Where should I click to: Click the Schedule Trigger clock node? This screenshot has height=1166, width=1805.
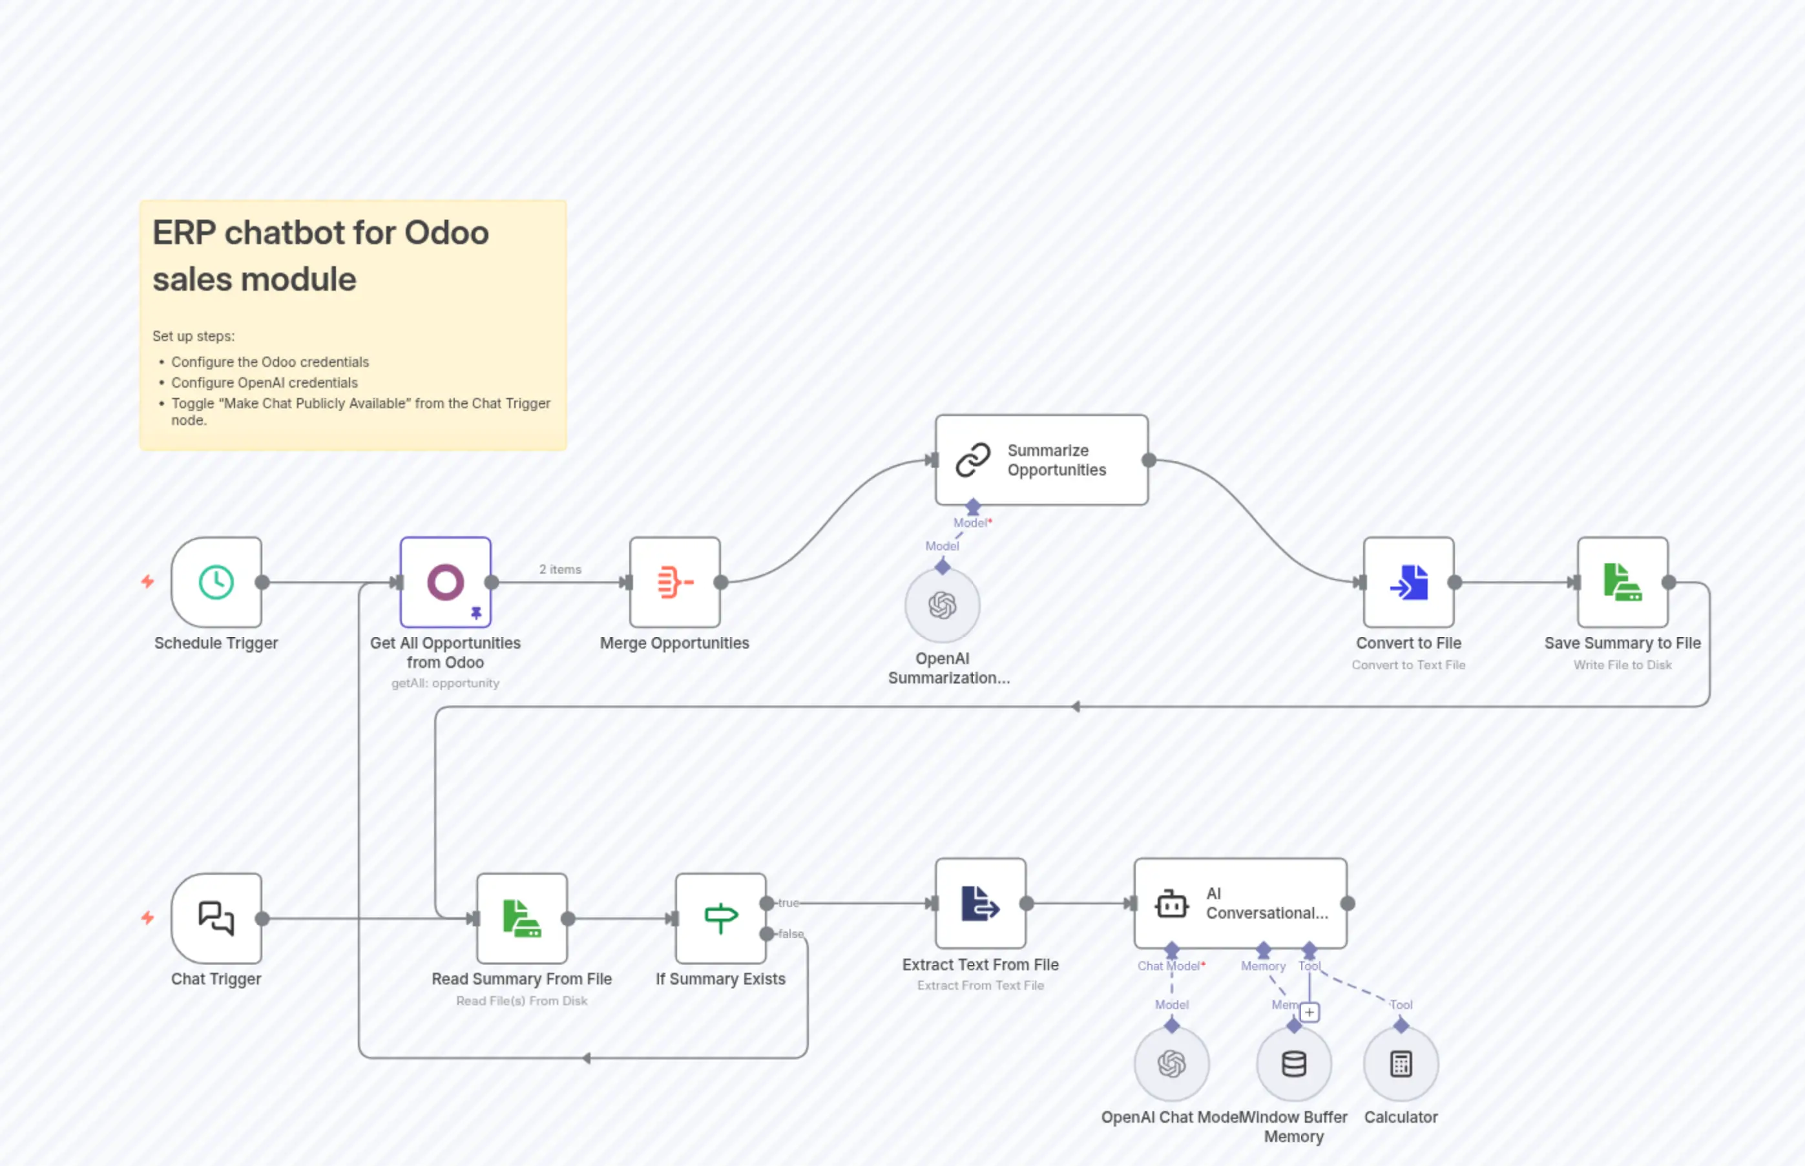216,582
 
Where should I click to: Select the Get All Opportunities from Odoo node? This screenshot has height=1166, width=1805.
445,582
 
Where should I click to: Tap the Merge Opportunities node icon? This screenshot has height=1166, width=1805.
674,582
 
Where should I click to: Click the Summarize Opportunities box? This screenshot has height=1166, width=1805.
1041,459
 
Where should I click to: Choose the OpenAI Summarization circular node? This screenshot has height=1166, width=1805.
942,606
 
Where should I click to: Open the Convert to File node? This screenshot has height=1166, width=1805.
1408,582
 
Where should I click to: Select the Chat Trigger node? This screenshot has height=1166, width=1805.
216,919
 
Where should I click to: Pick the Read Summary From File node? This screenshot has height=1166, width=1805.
521,919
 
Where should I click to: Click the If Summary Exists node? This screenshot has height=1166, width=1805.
720,919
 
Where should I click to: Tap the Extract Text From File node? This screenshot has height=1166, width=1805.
981,903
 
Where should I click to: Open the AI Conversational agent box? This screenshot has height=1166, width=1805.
1240,903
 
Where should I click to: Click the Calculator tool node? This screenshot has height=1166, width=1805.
1401,1064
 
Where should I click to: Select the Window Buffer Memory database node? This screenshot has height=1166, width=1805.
1293,1064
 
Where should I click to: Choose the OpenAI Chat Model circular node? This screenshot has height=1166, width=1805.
1171,1064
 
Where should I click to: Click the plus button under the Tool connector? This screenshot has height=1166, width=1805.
1309,1012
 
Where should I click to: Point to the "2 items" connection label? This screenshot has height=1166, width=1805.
560,569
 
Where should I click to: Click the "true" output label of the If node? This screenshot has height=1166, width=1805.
788,902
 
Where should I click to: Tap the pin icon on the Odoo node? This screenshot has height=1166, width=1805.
476,612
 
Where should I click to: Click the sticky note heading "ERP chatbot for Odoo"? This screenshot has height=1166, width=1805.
320,233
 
